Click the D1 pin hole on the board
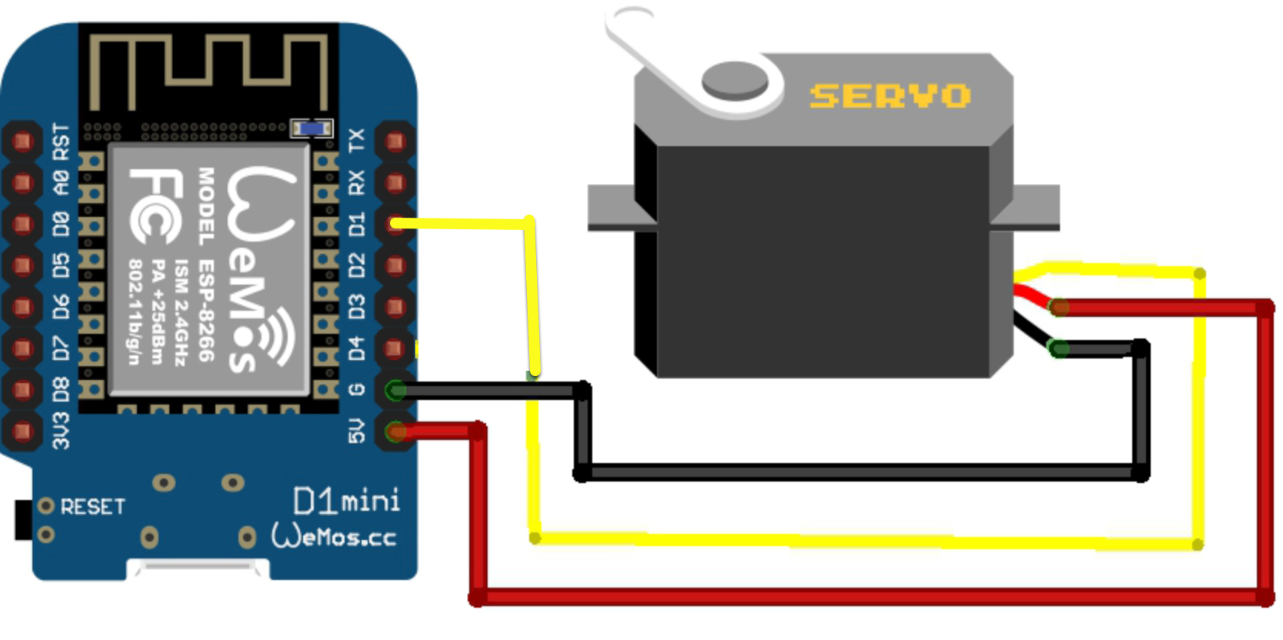click(395, 224)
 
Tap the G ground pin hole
click(395, 391)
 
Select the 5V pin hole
click(395, 432)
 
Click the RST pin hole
click(22, 142)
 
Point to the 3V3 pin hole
click(22, 432)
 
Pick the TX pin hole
click(395, 142)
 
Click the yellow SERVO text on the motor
click(889, 96)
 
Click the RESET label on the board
click(92, 507)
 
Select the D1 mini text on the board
click(347, 502)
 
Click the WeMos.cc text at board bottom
click(335, 536)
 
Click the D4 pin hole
click(395, 349)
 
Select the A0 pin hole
click(22, 183)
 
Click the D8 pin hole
click(22, 390)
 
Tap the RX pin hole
click(395, 183)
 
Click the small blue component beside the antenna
click(312, 128)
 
